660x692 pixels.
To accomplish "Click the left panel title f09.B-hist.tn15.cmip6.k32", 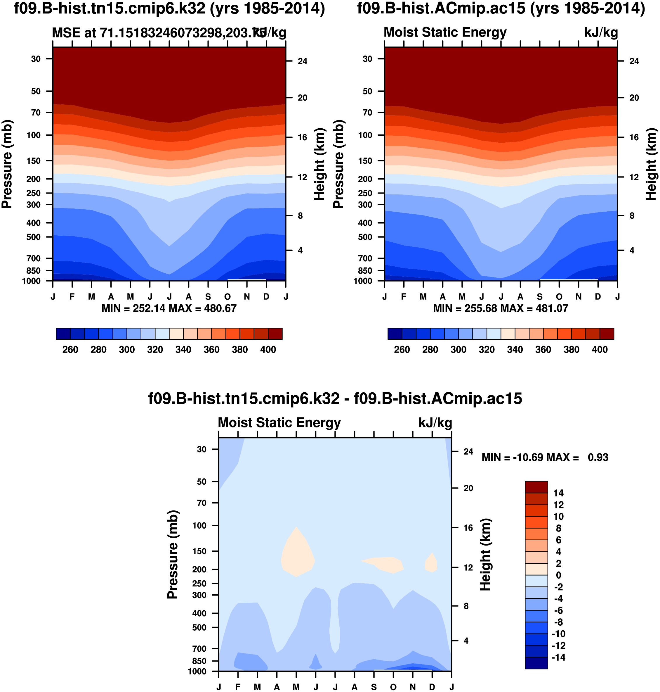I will tap(169, 8).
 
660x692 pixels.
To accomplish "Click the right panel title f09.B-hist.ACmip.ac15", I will tap(501, 8).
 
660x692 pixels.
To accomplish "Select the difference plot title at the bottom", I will tap(335, 399).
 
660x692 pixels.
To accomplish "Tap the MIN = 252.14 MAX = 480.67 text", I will tap(169, 308).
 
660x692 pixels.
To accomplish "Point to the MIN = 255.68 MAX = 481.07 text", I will tap(501, 308).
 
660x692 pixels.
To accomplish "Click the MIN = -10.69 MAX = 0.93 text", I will tap(545, 458).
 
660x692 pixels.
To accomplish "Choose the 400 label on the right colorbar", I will tap(600, 350).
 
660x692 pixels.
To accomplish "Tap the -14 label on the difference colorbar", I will tap(558, 658).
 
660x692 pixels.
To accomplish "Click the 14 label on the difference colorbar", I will tap(558, 493).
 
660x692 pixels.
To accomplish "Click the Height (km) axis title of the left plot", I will tap(319, 164).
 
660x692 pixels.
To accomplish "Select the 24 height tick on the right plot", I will tap(634, 61).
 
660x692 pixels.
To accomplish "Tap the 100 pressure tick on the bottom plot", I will tap(199, 525).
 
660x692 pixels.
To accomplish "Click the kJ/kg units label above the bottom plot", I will tap(435, 423).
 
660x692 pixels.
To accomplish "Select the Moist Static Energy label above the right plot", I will tap(445, 32).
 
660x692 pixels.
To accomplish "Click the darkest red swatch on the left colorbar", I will tap(275, 334).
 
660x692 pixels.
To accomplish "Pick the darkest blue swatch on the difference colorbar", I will tap(536, 663).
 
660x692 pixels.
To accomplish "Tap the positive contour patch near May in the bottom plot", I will tap(297, 553).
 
